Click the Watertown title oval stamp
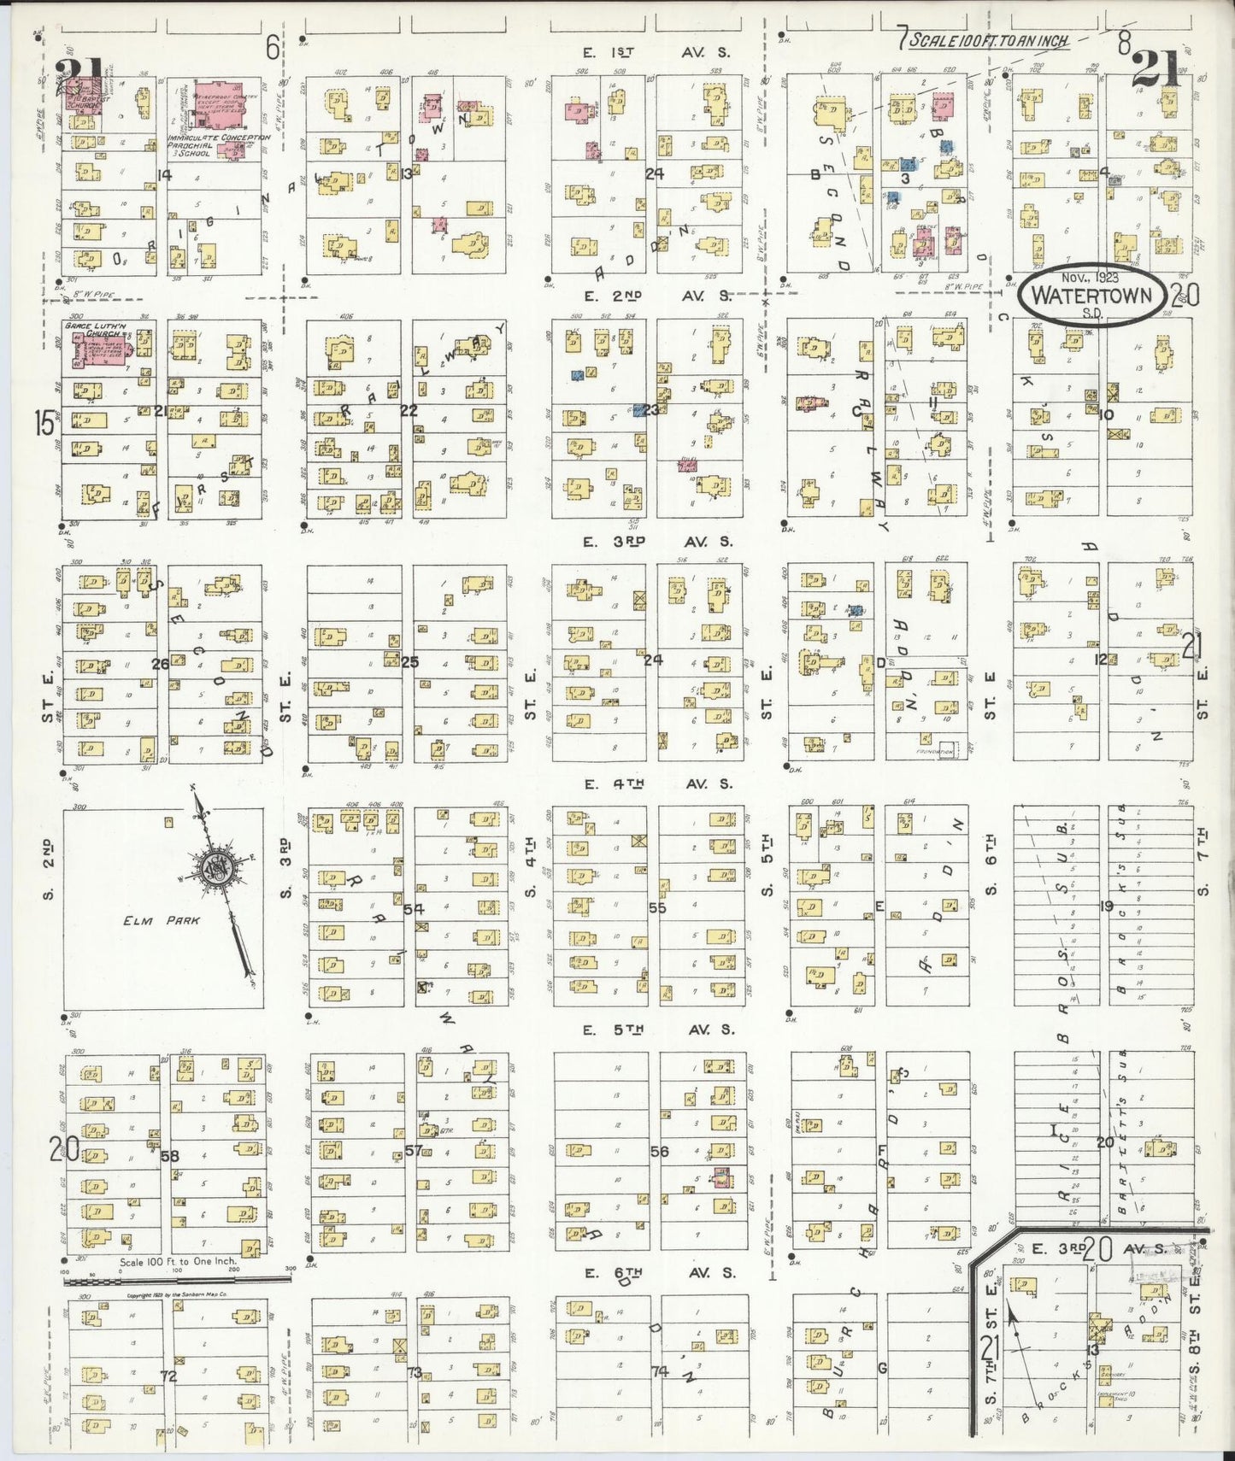[x=1090, y=296]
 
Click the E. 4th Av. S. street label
[x=658, y=783]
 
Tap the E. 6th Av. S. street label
[x=658, y=1272]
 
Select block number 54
[x=414, y=908]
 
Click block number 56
[x=658, y=1151]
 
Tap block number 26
[x=160, y=663]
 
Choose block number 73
[x=414, y=1372]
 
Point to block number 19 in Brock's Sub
[x=1106, y=906]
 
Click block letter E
[x=879, y=907]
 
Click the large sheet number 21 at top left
[x=79, y=73]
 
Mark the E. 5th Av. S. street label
[x=658, y=1030]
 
